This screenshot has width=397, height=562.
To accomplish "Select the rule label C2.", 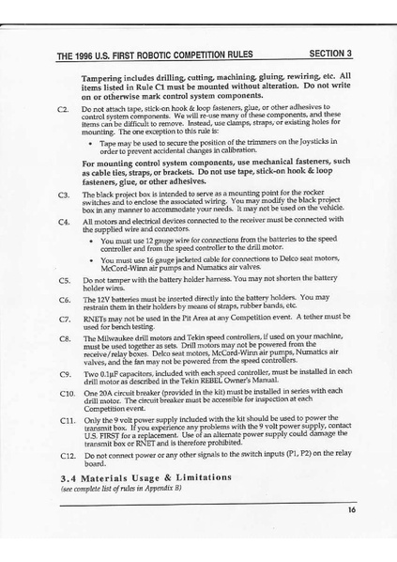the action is [x=64, y=110].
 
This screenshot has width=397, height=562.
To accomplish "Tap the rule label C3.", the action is [x=64, y=195].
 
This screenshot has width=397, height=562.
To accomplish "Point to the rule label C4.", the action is [x=64, y=223].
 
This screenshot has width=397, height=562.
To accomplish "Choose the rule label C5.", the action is [x=64, y=280].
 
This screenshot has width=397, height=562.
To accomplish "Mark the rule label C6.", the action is [x=64, y=299].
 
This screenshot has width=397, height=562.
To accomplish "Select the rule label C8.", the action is [x=64, y=336].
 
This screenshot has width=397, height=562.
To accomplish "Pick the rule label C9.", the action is [x=64, y=374].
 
